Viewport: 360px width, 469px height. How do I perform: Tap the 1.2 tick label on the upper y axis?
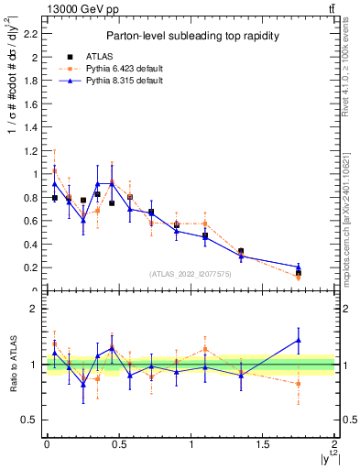[33, 150]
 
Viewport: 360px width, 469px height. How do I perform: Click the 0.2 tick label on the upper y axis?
[33, 267]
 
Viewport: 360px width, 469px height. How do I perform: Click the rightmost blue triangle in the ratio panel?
[299, 340]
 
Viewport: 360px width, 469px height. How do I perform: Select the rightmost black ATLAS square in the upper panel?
[299, 273]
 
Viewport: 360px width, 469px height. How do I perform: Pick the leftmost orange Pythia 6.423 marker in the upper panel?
[55, 170]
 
